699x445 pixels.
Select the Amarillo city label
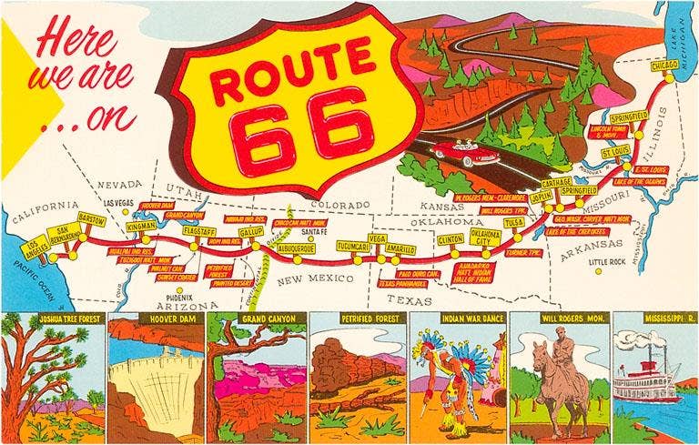(400, 248)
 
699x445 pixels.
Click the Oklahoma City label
(485, 238)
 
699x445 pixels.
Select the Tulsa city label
(514, 222)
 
